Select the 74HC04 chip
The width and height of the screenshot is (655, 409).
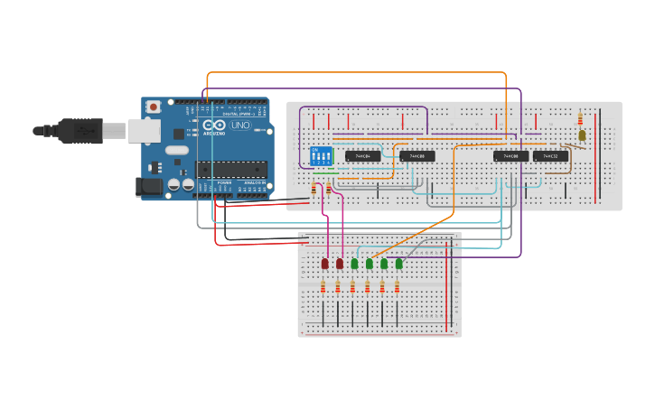pyautogui.click(x=362, y=156)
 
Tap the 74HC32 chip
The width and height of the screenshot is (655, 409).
pyautogui.click(x=550, y=156)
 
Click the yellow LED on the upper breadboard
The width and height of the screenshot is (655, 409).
pyautogui.click(x=582, y=135)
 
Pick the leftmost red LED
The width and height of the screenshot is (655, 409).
pyautogui.click(x=325, y=264)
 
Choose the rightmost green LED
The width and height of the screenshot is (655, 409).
pyautogui.click(x=398, y=264)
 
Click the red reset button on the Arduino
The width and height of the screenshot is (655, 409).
pyautogui.click(x=154, y=107)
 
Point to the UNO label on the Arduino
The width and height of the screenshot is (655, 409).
pyautogui.click(x=240, y=125)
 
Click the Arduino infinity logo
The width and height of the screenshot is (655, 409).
pyautogui.click(x=214, y=125)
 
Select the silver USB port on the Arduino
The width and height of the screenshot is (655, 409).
pyautogui.click(x=143, y=131)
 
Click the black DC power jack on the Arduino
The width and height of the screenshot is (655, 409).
pyautogui.click(x=148, y=187)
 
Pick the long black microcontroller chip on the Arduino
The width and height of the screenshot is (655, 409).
pyautogui.click(x=232, y=169)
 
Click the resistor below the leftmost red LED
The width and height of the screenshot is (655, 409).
pyautogui.click(x=323, y=287)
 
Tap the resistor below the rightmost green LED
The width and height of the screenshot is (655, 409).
pyautogui.click(x=397, y=287)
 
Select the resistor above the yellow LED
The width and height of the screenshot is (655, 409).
pyautogui.click(x=580, y=118)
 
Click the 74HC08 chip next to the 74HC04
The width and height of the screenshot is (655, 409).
pyautogui.click(x=417, y=156)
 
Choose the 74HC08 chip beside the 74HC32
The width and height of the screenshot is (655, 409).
pyautogui.click(x=510, y=156)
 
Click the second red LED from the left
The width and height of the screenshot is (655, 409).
pyautogui.click(x=340, y=264)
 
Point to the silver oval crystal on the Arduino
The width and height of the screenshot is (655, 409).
pyautogui.click(x=177, y=150)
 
